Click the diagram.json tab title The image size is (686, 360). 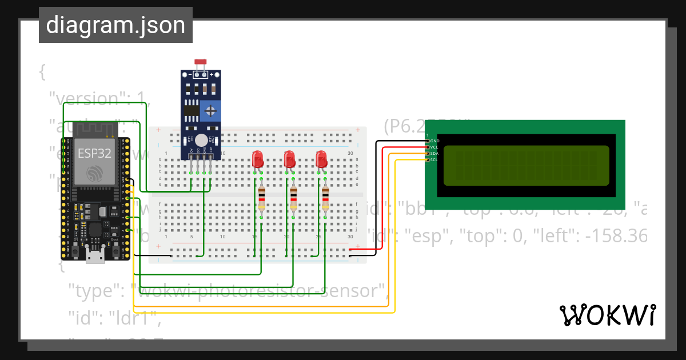coord(115,25)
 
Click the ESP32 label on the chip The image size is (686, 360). coord(94,153)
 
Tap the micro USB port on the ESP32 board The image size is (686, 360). coord(95,256)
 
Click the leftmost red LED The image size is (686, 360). coord(257,158)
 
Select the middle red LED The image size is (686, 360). coord(289,158)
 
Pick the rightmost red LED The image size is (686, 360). coord(321,158)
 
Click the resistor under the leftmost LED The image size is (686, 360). coord(261,199)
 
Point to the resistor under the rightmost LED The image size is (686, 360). coord(325,199)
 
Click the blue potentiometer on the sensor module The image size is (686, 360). coord(211,109)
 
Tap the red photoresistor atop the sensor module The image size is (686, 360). coord(200,62)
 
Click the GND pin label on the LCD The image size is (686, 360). coord(434,141)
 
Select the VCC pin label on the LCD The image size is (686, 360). coord(434,147)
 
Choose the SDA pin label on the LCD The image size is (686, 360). coord(434,153)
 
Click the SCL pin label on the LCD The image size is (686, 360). coord(434,159)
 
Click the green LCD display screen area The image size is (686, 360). coord(526,166)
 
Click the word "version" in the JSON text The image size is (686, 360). coord(86,98)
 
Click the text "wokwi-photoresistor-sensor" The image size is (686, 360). coord(257,291)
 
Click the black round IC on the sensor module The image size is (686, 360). coord(201,140)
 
